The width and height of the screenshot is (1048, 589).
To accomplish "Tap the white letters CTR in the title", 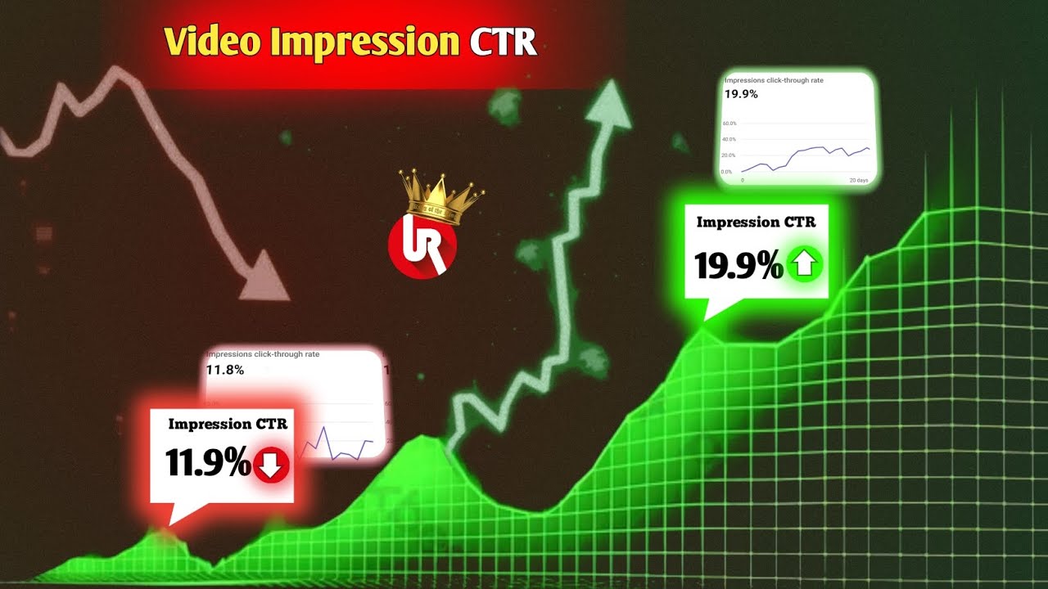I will (x=504, y=42).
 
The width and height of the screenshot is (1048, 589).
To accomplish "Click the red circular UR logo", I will (x=422, y=245).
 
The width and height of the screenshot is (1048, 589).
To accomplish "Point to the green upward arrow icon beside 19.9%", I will (x=804, y=264).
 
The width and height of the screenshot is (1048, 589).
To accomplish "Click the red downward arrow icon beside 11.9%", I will (x=271, y=465).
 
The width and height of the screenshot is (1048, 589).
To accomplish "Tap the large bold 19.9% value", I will (x=739, y=266).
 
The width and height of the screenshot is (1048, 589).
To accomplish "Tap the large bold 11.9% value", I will (x=208, y=464).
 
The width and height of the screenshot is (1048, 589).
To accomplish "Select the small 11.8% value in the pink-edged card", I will (x=224, y=371).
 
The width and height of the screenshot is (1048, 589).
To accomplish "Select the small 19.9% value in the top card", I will (x=741, y=94).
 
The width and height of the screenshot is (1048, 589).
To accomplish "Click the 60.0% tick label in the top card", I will (x=730, y=124).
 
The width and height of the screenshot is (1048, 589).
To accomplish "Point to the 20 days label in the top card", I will (x=858, y=180).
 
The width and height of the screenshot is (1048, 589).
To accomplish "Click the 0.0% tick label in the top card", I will (x=727, y=172).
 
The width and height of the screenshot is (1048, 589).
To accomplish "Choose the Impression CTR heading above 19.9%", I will (x=756, y=223).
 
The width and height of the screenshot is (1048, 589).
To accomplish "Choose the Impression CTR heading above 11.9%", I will (x=228, y=424).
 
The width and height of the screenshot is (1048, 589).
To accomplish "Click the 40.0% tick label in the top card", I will (x=730, y=140).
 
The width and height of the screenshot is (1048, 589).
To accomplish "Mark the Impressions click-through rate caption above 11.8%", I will (x=264, y=355).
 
